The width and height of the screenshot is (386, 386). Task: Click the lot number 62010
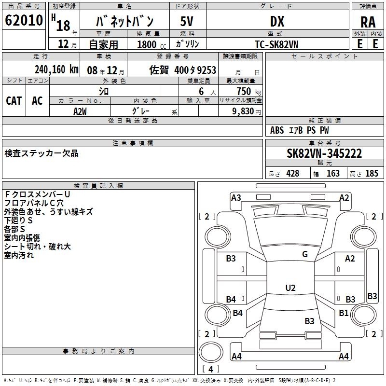click(24, 20)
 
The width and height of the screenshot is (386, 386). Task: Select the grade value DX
click(277, 21)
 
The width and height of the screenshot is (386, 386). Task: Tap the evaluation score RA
click(368, 22)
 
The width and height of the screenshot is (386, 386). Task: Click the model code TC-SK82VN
click(276, 44)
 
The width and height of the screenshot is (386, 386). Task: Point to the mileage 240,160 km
click(56, 69)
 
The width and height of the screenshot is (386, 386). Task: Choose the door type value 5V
click(187, 21)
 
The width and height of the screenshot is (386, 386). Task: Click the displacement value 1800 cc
click(152, 44)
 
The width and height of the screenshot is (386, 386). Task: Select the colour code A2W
click(80, 111)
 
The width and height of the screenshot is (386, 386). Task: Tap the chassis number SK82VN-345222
click(324, 153)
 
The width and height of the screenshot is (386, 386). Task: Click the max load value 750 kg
click(248, 91)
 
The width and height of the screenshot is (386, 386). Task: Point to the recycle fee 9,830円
click(247, 111)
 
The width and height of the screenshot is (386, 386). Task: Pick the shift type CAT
click(14, 101)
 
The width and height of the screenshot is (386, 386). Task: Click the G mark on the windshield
click(305, 254)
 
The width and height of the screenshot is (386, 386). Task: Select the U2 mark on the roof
click(290, 288)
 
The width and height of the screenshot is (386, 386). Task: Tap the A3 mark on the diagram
click(236, 198)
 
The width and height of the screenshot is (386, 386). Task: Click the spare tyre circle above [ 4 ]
click(211, 352)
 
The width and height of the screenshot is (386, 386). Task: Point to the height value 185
click(372, 173)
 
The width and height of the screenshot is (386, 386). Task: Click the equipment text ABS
click(277, 130)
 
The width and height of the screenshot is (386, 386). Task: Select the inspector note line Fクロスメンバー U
click(38, 194)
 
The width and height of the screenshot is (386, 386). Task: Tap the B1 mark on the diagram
click(344, 313)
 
